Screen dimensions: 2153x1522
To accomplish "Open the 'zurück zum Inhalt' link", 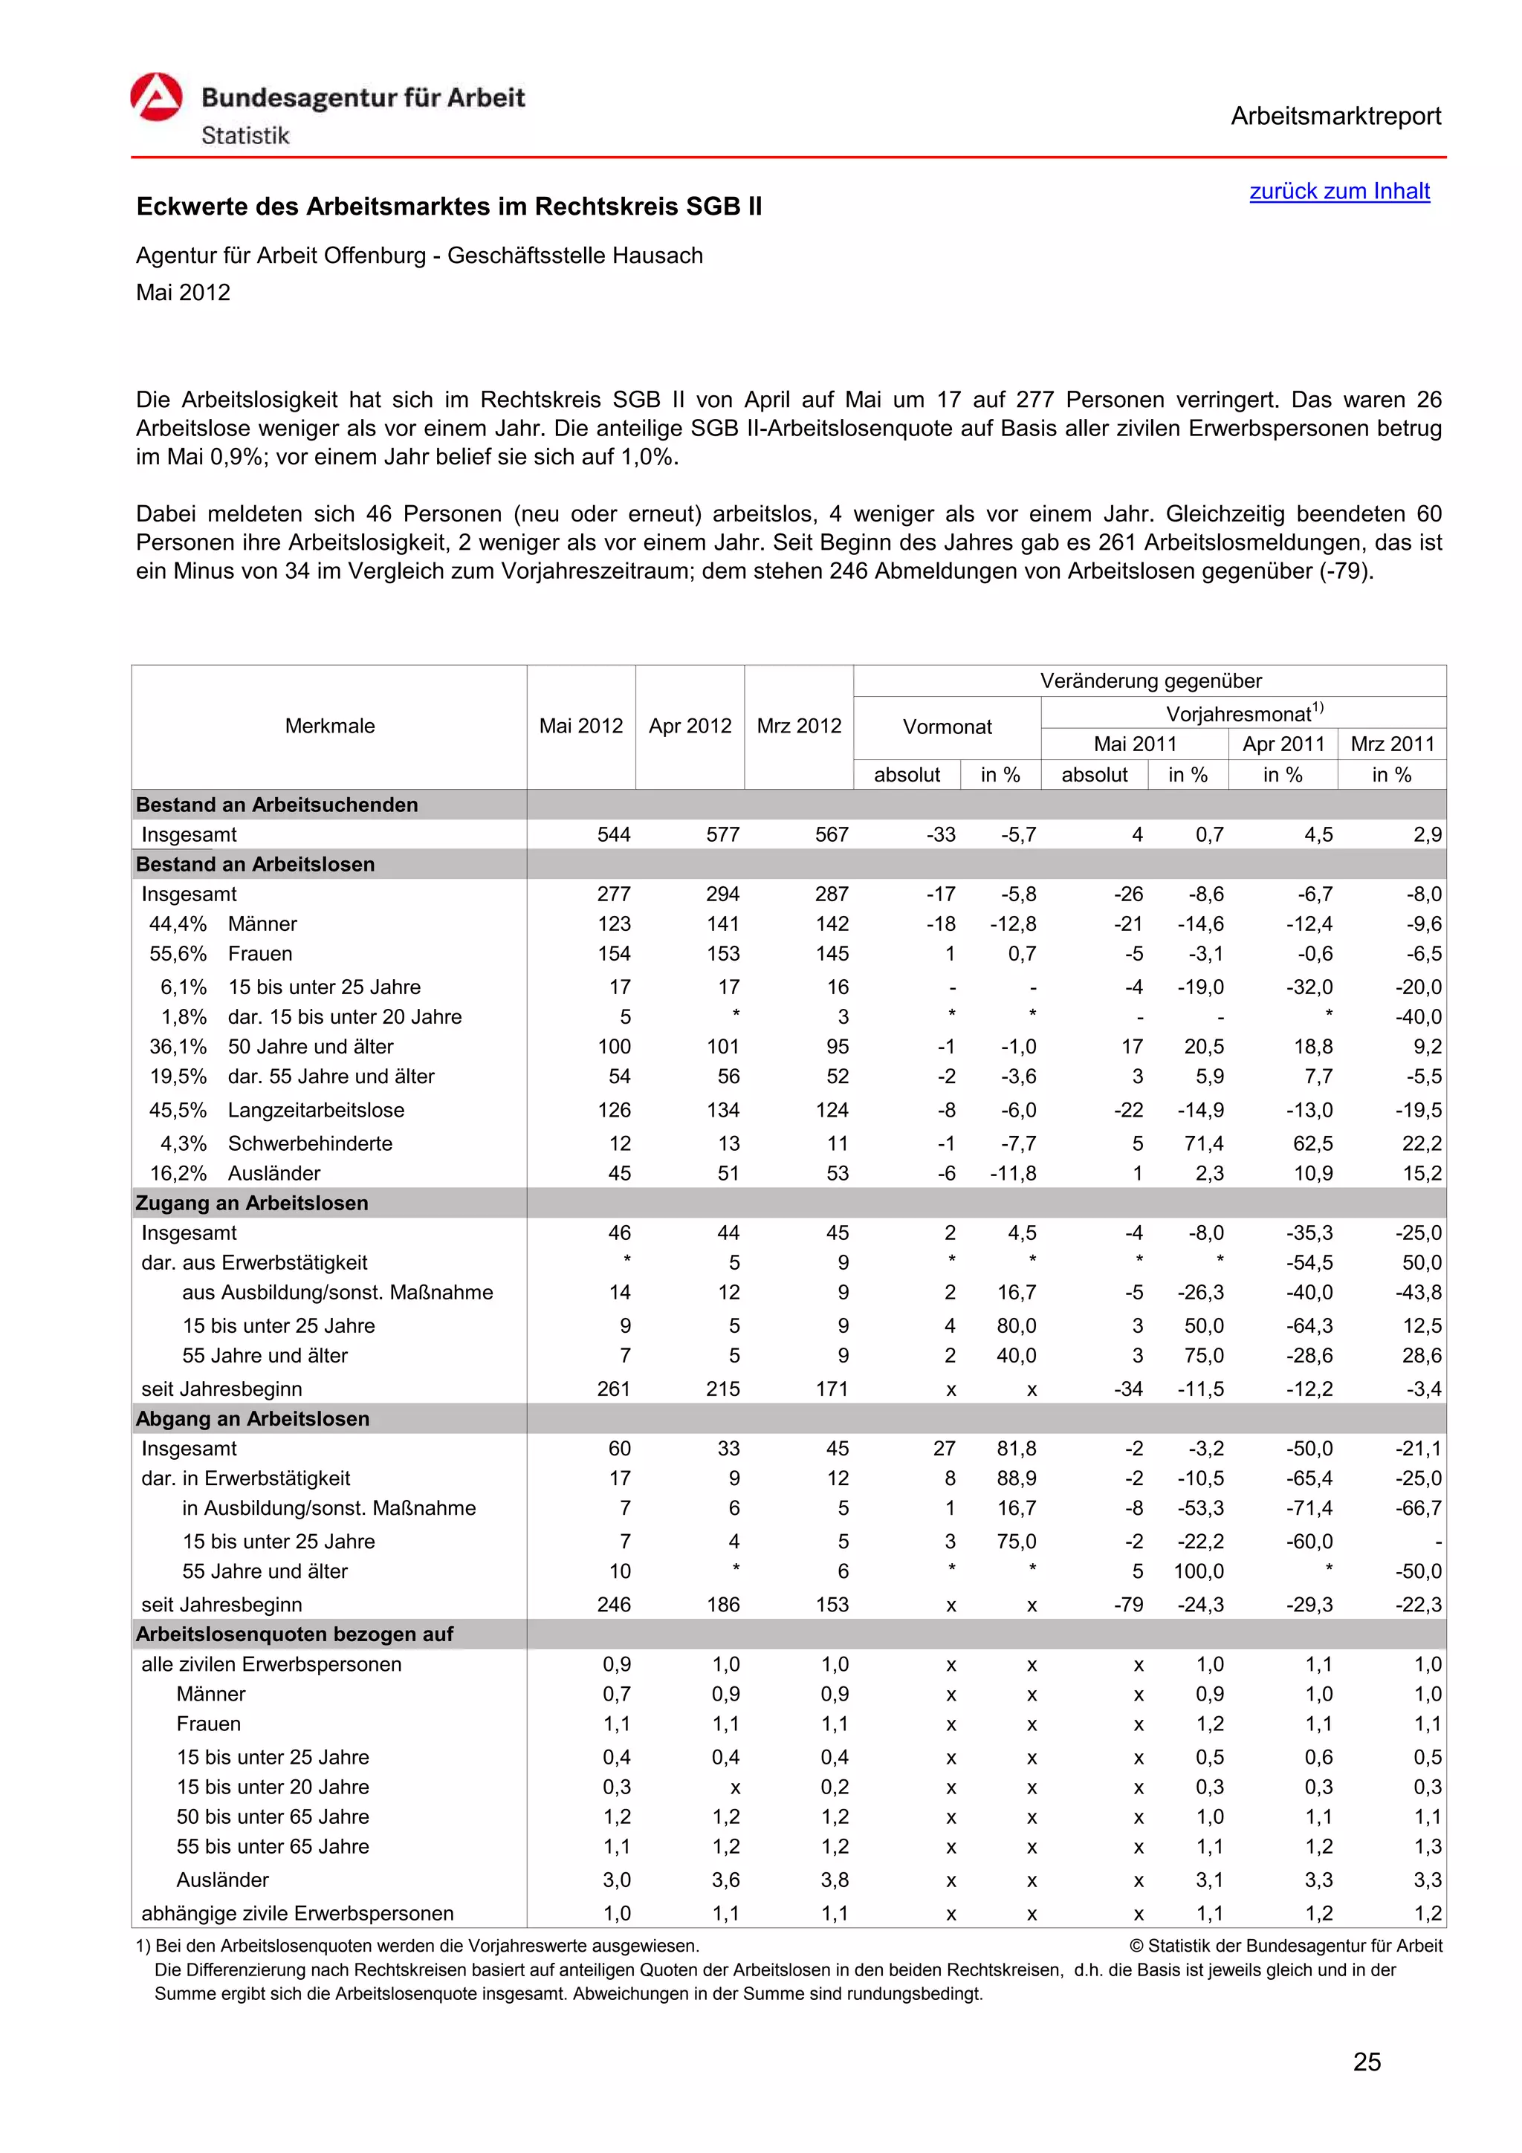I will [x=1338, y=191].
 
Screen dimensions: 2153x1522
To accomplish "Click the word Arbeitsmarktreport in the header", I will [x=1335, y=117].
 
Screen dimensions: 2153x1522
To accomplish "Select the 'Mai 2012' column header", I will [x=580, y=726].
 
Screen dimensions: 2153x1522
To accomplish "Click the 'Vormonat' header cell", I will [x=946, y=727].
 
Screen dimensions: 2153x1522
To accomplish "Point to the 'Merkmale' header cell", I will [x=329, y=726].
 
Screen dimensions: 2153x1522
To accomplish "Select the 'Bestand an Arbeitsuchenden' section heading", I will [x=276, y=805].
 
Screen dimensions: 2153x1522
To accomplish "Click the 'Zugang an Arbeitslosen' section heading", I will [x=251, y=1203].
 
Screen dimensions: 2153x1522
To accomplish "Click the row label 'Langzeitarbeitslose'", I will [x=316, y=1110].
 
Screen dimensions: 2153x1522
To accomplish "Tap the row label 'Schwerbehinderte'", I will [x=309, y=1144].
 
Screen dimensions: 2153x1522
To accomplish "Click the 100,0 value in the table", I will [x=1199, y=1571].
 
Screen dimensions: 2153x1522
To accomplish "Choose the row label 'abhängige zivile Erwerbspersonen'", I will [x=297, y=1914].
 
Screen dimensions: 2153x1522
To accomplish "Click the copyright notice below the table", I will [x=1286, y=1946].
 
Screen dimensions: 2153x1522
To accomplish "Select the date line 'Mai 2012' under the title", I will [x=183, y=293].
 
